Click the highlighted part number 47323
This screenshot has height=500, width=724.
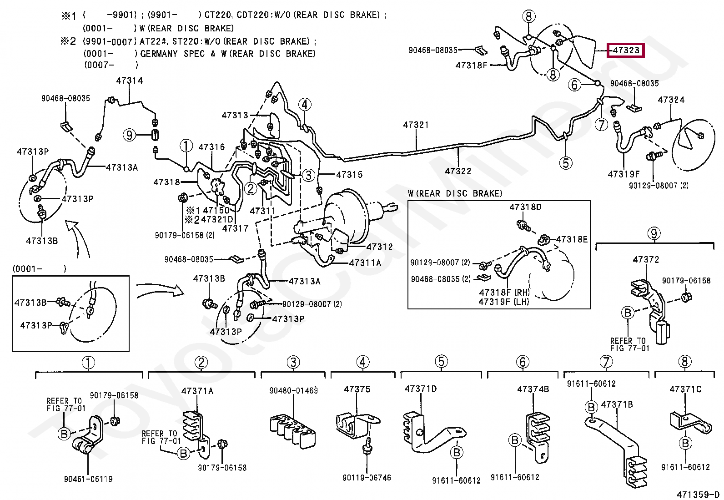coord(626,50)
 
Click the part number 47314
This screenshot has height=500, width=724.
coord(130,81)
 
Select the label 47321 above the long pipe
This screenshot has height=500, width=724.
coord(416,125)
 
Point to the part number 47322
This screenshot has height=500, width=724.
coord(458,171)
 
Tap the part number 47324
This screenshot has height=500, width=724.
coord(671,100)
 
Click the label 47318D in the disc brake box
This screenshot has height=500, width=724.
coord(525,207)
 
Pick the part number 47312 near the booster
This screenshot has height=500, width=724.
coord(379,247)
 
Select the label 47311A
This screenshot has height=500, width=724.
coord(365,263)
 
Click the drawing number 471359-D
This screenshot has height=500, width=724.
coord(699,495)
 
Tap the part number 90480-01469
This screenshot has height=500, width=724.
coord(293,391)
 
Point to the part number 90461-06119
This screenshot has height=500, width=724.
coord(88,479)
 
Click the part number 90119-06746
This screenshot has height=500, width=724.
coord(367,478)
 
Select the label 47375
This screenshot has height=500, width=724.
coord(357,389)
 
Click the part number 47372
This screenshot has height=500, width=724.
coord(646,259)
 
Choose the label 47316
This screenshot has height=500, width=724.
coord(212,147)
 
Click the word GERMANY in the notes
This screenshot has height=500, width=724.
coord(159,53)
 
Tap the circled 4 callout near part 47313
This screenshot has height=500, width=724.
coord(304,105)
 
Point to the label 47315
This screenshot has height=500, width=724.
coord(349,175)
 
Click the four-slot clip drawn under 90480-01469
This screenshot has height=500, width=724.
coord(292,431)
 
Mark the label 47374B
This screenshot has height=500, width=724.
coord(533,389)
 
